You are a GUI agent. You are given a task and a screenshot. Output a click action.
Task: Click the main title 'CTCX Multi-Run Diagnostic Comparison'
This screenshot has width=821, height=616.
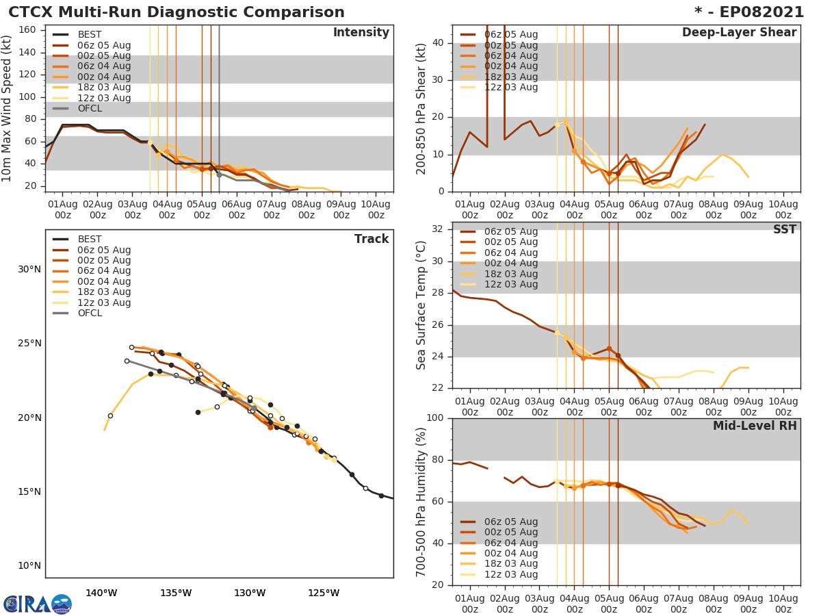(177, 12)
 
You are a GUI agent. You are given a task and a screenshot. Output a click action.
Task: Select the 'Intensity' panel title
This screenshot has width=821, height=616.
(361, 33)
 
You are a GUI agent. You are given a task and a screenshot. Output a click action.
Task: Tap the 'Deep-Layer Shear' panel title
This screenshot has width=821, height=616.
(739, 33)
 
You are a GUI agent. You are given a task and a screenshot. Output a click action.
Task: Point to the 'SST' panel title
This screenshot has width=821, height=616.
(784, 230)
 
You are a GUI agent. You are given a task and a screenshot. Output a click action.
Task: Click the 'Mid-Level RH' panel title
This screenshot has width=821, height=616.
(755, 426)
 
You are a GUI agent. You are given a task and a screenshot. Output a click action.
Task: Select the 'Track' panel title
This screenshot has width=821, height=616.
(372, 239)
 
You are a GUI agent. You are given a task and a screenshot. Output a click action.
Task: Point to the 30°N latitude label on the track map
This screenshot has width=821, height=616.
(29, 269)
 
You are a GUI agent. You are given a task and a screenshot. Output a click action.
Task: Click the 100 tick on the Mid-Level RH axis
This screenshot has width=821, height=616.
(435, 418)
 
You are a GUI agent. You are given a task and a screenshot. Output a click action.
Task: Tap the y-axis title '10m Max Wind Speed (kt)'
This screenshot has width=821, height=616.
(8, 110)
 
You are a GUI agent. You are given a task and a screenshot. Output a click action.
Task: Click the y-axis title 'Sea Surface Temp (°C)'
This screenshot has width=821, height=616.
(421, 305)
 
